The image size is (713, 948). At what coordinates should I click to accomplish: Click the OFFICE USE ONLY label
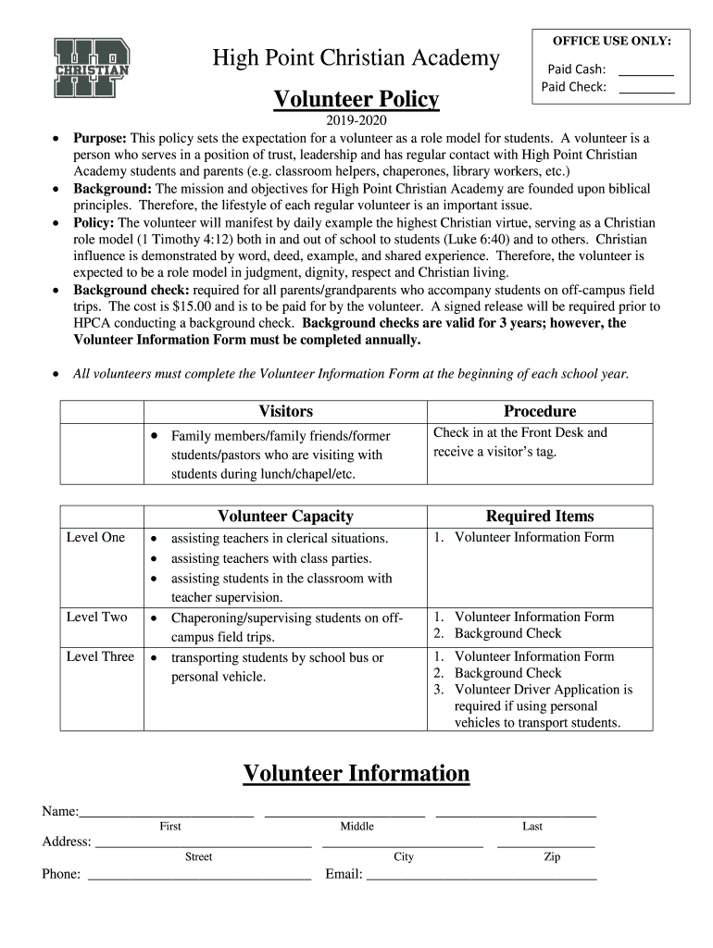point(612,41)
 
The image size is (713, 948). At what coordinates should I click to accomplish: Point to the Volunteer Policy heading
point(356,99)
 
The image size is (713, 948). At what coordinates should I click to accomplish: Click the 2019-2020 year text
point(356,121)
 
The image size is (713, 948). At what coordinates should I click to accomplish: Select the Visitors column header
point(285,411)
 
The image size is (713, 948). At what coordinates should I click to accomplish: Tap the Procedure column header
point(540,411)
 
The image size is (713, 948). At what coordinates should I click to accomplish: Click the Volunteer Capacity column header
point(285,516)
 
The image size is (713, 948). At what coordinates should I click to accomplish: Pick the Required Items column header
point(540,516)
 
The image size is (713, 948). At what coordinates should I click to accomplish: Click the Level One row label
point(95,538)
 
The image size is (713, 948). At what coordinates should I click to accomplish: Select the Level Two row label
point(96,617)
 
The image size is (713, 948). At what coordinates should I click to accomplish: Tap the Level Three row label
point(100,657)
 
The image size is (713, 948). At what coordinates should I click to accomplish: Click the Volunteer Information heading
point(356,773)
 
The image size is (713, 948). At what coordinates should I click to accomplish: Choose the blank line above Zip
point(546,846)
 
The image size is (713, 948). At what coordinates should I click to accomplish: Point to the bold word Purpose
point(100,138)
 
